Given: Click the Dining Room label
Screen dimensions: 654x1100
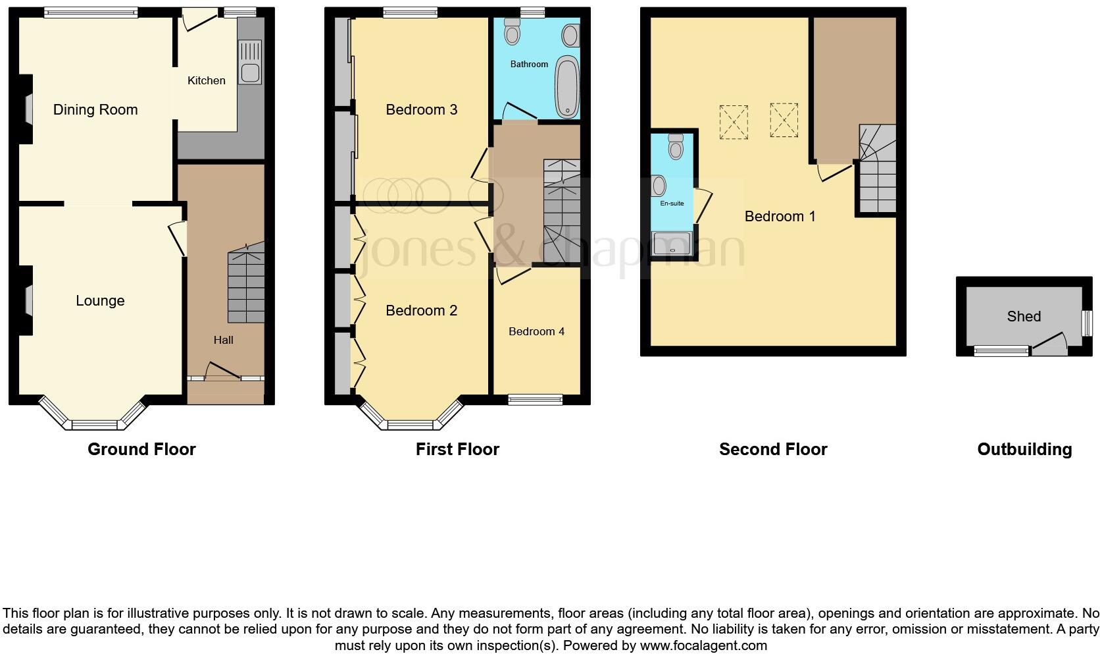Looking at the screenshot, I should pyautogui.click(x=95, y=110).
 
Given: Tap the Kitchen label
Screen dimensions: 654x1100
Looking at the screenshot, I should pyautogui.click(x=206, y=80).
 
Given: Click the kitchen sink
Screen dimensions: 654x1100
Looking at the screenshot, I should pyautogui.click(x=250, y=62).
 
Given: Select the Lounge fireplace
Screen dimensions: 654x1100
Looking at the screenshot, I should pyautogui.click(x=29, y=300).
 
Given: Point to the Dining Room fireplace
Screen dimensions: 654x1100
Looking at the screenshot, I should pyautogui.click(x=29, y=109).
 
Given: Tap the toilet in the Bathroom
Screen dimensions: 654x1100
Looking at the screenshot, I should pyautogui.click(x=511, y=30).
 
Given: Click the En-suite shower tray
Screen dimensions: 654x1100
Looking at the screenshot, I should pyautogui.click(x=672, y=243).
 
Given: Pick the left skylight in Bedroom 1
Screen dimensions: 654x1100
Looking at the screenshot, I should pyautogui.click(x=734, y=122).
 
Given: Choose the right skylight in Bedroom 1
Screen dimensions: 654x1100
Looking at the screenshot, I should pyautogui.click(x=784, y=120).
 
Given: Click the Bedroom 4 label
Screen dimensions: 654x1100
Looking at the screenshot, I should pyautogui.click(x=536, y=331).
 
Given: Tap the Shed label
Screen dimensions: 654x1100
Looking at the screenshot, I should pyautogui.click(x=1024, y=316).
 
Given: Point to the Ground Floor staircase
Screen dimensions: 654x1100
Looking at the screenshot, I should pyautogui.click(x=246, y=283).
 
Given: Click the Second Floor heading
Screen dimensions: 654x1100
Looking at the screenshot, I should pyautogui.click(x=772, y=449).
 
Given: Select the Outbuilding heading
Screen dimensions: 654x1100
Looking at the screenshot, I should pyautogui.click(x=1024, y=449).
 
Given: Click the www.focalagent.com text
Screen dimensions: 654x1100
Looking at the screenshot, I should pyautogui.click(x=703, y=645).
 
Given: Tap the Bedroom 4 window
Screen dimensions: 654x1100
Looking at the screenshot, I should pyautogui.click(x=536, y=399).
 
